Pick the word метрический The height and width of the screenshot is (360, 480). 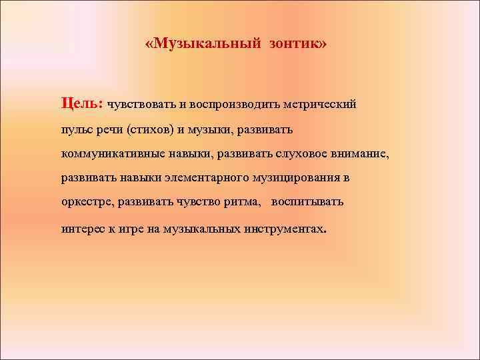(321, 105)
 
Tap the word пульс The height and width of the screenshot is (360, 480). (77, 129)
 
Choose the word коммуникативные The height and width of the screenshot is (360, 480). (109, 154)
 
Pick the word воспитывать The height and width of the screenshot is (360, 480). (307, 202)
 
